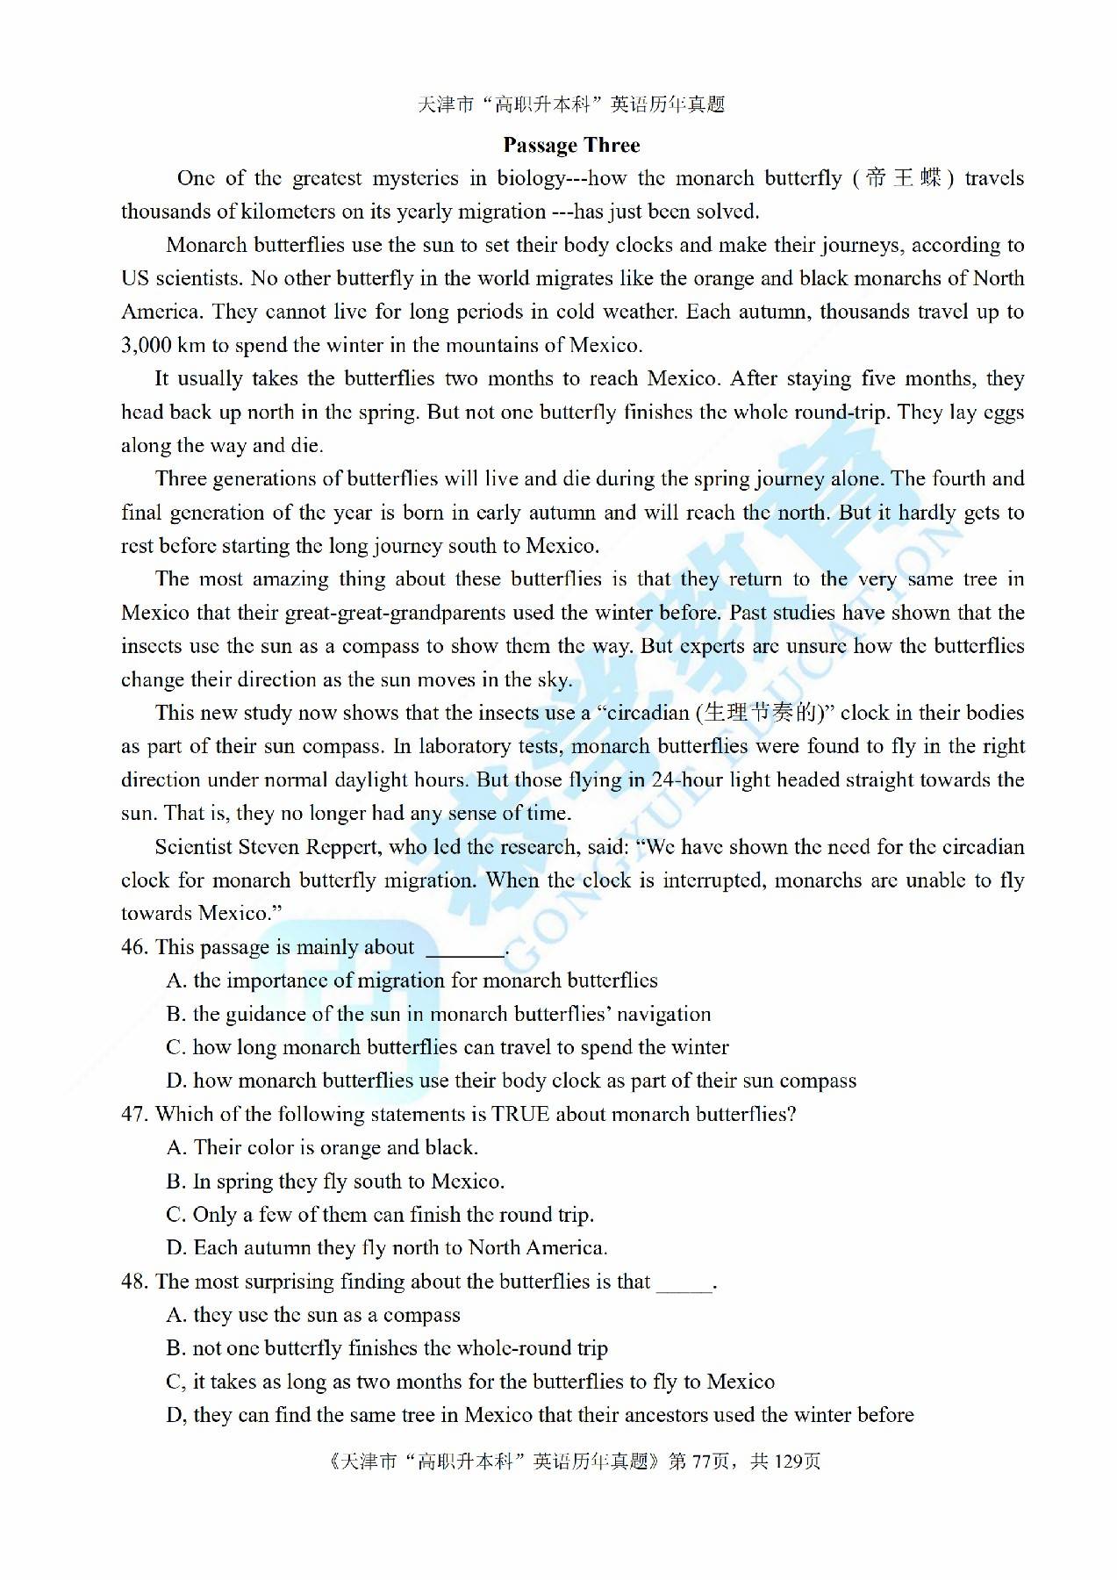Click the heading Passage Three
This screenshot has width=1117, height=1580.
point(571,145)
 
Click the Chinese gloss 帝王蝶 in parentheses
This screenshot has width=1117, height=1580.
point(903,178)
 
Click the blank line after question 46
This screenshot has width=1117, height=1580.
point(465,952)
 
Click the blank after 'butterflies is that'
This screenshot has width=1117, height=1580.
point(684,1287)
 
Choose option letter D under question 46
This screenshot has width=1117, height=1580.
point(175,1081)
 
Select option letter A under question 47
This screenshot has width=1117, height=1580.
point(175,1147)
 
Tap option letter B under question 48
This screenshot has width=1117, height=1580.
point(175,1348)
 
